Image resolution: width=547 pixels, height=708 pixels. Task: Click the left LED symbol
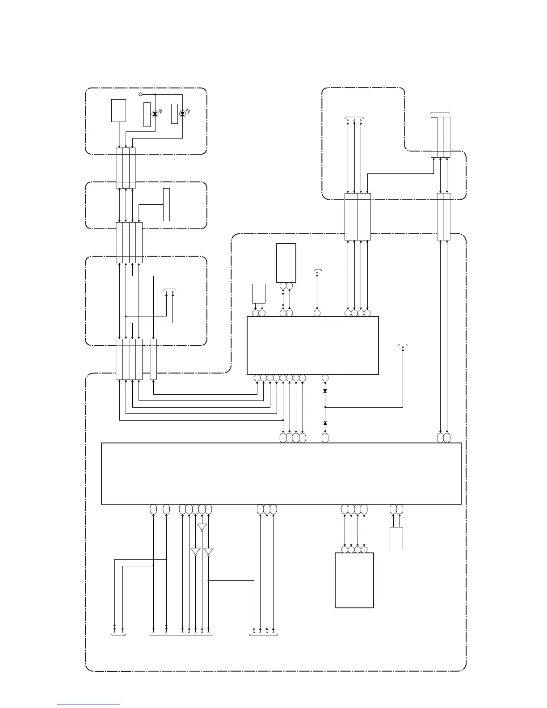155,114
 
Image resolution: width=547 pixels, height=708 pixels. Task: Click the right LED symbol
182,114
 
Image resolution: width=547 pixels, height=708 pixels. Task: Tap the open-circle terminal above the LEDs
140,95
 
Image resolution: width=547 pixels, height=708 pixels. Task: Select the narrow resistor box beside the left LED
147,114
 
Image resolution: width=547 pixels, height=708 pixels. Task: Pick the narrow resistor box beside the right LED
174,114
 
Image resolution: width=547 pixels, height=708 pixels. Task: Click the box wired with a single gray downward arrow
118,111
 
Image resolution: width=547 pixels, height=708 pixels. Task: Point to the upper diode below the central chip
325,391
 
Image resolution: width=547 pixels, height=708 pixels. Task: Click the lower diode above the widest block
325,423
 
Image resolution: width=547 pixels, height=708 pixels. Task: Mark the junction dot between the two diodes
325,407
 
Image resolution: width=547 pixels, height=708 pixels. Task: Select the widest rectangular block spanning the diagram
281,473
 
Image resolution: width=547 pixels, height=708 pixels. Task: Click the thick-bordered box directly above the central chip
286,263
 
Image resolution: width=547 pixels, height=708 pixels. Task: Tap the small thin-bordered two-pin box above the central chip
259,293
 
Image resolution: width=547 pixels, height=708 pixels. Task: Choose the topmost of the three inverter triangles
202,527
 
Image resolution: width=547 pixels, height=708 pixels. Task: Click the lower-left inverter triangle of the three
195,552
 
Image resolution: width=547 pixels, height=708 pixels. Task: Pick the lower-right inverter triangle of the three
208,552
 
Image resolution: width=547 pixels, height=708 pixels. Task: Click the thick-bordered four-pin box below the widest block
354,580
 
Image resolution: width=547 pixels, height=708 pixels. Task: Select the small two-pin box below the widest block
396,539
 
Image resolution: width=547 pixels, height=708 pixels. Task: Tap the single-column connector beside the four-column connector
153,359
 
